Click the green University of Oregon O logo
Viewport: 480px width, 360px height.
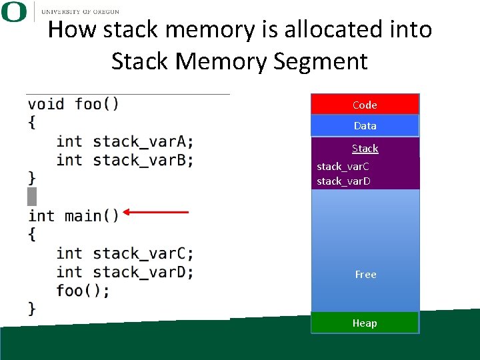[x=14, y=12]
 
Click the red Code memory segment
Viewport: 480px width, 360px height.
[x=365, y=105]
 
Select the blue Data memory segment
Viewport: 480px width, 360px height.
[x=365, y=125]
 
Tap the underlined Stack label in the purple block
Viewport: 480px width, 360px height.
[x=365, y=149]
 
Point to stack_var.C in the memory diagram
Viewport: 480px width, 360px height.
[x=343, y=166]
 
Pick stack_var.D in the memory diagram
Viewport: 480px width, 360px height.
[x=343, y=181]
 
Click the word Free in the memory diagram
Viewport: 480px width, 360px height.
[x=365, y=274]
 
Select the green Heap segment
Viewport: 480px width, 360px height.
[x=365, y=323]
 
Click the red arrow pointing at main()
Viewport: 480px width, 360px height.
[x=156, y=213]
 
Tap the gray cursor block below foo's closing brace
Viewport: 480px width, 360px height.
[x=32, y=197]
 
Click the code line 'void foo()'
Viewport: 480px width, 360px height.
[x=73, y=104]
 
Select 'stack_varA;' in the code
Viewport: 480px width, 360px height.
[x=143, y=141]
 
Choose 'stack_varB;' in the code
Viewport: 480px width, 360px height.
[x=143, y=160]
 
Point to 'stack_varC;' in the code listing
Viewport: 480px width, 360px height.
[x=143, y=253]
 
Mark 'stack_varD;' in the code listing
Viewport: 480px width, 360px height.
[x=143, y=272]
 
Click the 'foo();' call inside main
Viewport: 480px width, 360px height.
[x=83, y=291]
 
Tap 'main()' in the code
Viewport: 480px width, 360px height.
[x=91, y=216]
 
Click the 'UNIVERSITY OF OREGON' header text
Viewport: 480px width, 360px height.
[x=80, y=12]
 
